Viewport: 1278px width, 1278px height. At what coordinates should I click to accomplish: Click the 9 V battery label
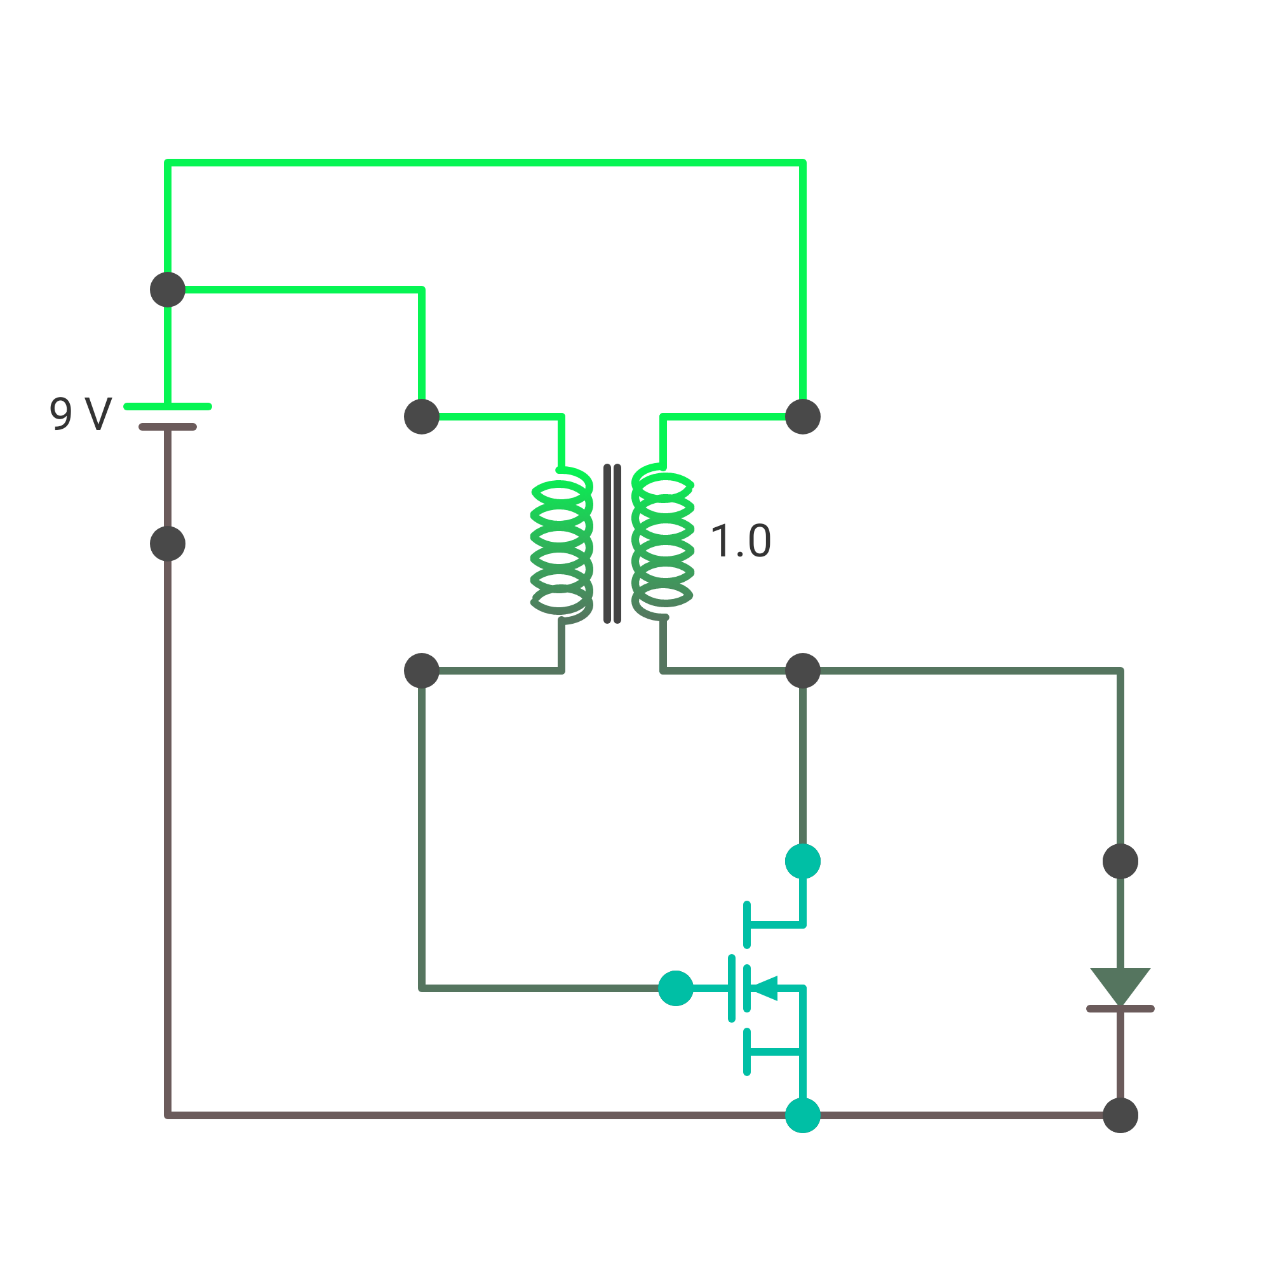coord(81,414)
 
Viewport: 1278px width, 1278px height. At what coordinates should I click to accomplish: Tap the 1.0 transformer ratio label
coord(740,541)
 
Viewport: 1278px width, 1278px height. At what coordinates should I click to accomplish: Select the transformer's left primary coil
coord(562,545)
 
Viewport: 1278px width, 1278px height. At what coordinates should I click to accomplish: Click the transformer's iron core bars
coord(612,544)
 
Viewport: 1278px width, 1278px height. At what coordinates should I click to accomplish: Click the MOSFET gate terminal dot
coord(676,988)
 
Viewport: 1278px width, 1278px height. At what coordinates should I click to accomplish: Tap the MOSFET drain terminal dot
coord(803,861)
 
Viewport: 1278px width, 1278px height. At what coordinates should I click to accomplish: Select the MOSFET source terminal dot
coord(803,1115)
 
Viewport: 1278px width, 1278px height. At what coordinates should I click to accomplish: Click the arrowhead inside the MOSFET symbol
coord(765,988)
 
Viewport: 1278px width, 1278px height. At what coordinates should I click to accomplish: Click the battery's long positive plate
coord(168,407)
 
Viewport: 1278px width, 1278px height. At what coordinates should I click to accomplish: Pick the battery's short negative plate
coord(168,427)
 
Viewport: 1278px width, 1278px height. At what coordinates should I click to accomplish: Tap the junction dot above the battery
coord(168,290)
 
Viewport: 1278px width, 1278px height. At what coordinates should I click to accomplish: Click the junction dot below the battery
coord(168,544)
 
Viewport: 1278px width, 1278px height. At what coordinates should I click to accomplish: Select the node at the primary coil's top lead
coord(422,417)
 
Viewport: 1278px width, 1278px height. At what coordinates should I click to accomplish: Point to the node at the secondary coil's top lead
coord(803,417)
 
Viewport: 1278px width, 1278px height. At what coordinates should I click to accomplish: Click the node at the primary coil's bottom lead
coord(422,671)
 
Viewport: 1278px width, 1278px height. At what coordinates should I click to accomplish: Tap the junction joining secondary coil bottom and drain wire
coord(803,671)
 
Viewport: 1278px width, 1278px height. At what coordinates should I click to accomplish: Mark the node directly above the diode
coord(1120,861)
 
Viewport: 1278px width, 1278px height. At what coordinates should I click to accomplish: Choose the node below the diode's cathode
coord(1120,1115)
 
